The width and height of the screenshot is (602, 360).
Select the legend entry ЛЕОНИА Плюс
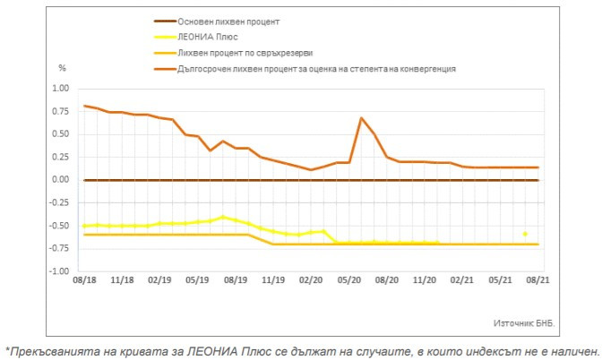point(215,37)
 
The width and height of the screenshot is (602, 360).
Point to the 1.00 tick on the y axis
point(60,89)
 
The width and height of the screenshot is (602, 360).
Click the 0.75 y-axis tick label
point(60,112)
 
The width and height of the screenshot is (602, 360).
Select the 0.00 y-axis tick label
point(60,180)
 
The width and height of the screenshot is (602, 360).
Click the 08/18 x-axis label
point(85,280)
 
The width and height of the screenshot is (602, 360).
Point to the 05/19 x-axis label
point(198,280)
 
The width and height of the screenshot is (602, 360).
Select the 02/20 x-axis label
point(311,280)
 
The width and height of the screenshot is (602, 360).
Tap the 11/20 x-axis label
point(424,280)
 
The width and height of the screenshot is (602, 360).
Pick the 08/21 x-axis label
point(537,280)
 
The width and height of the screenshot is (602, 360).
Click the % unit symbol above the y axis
point(63,67)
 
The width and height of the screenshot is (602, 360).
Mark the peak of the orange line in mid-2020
point(361,118)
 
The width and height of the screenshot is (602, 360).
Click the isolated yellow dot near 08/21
point(525,234)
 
